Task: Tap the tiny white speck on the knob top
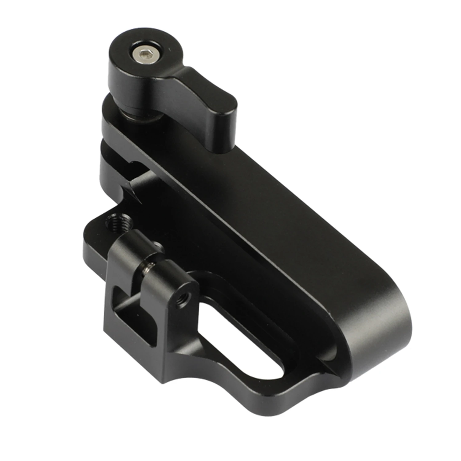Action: [x=168, y=49]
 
